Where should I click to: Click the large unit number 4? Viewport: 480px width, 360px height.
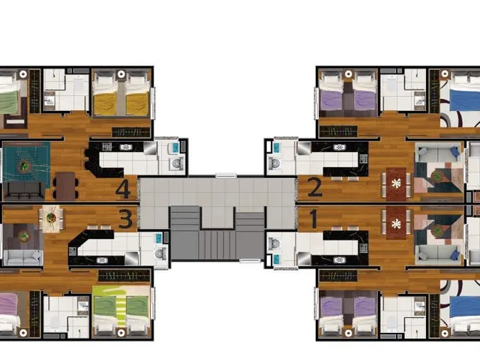123,189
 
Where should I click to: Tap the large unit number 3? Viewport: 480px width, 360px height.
125,218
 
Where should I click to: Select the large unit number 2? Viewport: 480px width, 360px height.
315,187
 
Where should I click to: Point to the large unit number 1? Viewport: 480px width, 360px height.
313,218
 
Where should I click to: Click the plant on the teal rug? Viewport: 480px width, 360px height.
24,166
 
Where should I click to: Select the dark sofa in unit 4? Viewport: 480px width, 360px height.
24,190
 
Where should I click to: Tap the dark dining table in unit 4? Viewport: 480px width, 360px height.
65,186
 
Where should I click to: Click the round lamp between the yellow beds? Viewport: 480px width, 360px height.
121,74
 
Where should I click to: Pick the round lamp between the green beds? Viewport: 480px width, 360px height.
121,333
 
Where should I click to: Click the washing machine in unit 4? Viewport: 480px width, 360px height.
177,163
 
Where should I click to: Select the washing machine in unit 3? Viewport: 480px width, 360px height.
160,253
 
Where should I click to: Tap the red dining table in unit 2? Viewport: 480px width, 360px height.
396,184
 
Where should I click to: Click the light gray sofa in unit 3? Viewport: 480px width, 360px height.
23,257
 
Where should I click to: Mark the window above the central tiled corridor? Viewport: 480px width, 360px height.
226,175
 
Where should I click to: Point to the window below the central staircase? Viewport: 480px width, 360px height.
250,261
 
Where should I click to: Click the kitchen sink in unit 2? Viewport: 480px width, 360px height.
339,147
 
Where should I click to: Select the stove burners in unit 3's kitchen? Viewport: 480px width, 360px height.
73,251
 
